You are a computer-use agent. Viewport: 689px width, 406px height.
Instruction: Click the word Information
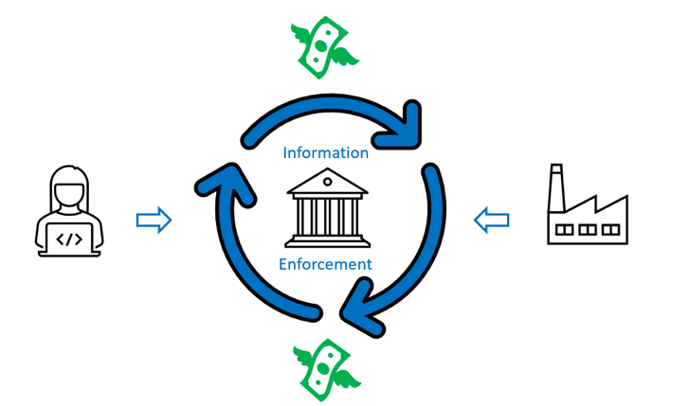click(x=325, y=152)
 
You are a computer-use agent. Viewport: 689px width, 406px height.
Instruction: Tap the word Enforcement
click(x=325, y=264)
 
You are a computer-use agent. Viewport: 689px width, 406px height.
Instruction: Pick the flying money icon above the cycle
click(x=323, y=46)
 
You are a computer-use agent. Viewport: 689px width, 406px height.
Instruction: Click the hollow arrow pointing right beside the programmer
click(x=154, y=221)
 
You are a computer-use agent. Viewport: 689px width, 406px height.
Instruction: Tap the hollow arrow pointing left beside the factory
click(x=491, y=221)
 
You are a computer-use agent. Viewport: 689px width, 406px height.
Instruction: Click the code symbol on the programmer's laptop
click(x=69, y=238)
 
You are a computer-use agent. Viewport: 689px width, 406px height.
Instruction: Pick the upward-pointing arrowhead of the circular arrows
click(x=220, y=180)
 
